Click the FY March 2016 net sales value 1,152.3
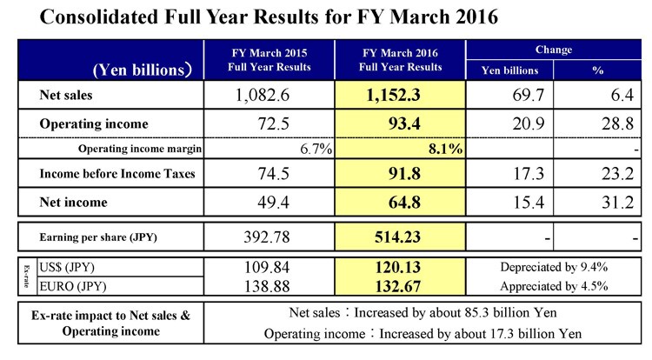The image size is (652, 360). [393, 95]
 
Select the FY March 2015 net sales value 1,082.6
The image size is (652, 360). [263, 95]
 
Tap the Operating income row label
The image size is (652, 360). [94, 123]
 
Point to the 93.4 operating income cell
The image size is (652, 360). [404, 123]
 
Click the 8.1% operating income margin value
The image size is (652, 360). [446, 149]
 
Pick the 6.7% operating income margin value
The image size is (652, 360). [316, 149]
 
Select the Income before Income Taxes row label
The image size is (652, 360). [117, 173]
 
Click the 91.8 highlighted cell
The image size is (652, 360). [404, 173]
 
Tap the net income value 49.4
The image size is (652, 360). [273, 203]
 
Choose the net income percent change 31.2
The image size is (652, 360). [618, 203]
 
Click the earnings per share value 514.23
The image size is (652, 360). [397, 237]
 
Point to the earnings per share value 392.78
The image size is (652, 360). [267, 237]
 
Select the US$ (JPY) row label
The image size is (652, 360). [67, 267]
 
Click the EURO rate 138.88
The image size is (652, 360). [267, 286]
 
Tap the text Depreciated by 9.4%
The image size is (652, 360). [554, 267]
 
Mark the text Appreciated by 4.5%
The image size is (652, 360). [554, 286]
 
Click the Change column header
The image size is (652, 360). [554, 50]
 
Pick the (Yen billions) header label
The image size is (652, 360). [143, 70]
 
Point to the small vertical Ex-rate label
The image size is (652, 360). [27, 277]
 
